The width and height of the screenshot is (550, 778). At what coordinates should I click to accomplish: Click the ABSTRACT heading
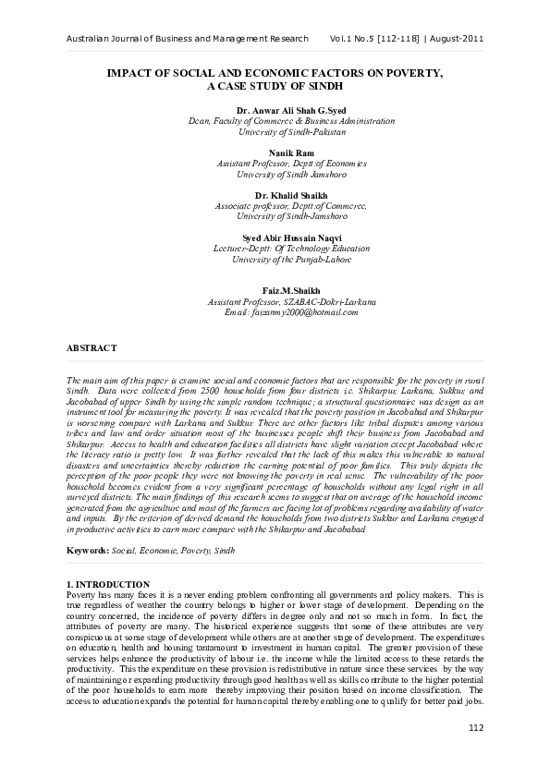point(92,347)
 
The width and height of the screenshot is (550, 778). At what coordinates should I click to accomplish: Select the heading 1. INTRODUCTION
point(109,585)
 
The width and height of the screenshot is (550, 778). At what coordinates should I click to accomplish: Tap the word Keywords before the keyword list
point(87,550)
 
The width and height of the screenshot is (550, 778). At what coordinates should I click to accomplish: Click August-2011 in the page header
point(455,38)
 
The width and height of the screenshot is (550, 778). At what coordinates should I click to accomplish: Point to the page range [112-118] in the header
point(396,38)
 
